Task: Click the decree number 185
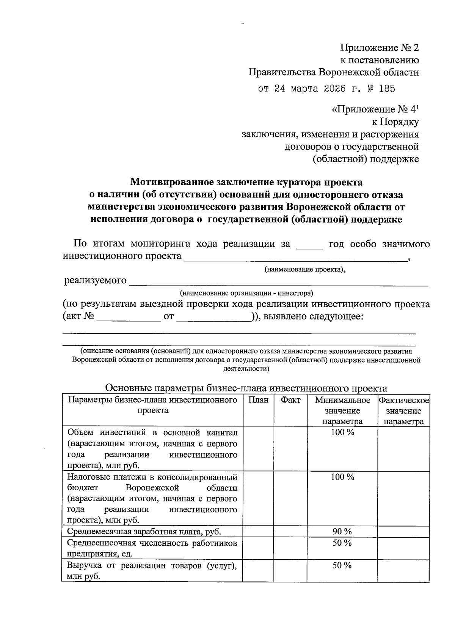pyautogui.click(x=386, y=89)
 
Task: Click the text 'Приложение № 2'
pyautogui.click(x=380, y=48)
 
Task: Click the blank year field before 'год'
pyautogui.click(x=309, y=244)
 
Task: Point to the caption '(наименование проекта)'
pyautogui.click(x=305, y=270)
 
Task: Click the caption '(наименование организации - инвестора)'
pyautogui.click(x=246, y=293)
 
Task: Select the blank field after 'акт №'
pyautogui.click(x=129, y=317)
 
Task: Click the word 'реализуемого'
pyautogui.click(x=95, y=281)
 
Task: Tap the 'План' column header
pyautogui.click(x=258, y=400)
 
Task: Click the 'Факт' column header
pyautogui.click(x=290, y=400)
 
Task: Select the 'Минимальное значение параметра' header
pyautogui.click(x=342, y=410)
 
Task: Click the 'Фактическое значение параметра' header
pyautogui.click(x=403, y=410)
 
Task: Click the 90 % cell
pyautogui.click(x=342, y=531)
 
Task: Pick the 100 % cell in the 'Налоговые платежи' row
pyautogui.click(x=342, y=477)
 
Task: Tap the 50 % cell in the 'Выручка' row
pyautogui.click(x=342, y=565)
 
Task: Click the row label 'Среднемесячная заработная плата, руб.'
pyautogui.click(x=144, y=532)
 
